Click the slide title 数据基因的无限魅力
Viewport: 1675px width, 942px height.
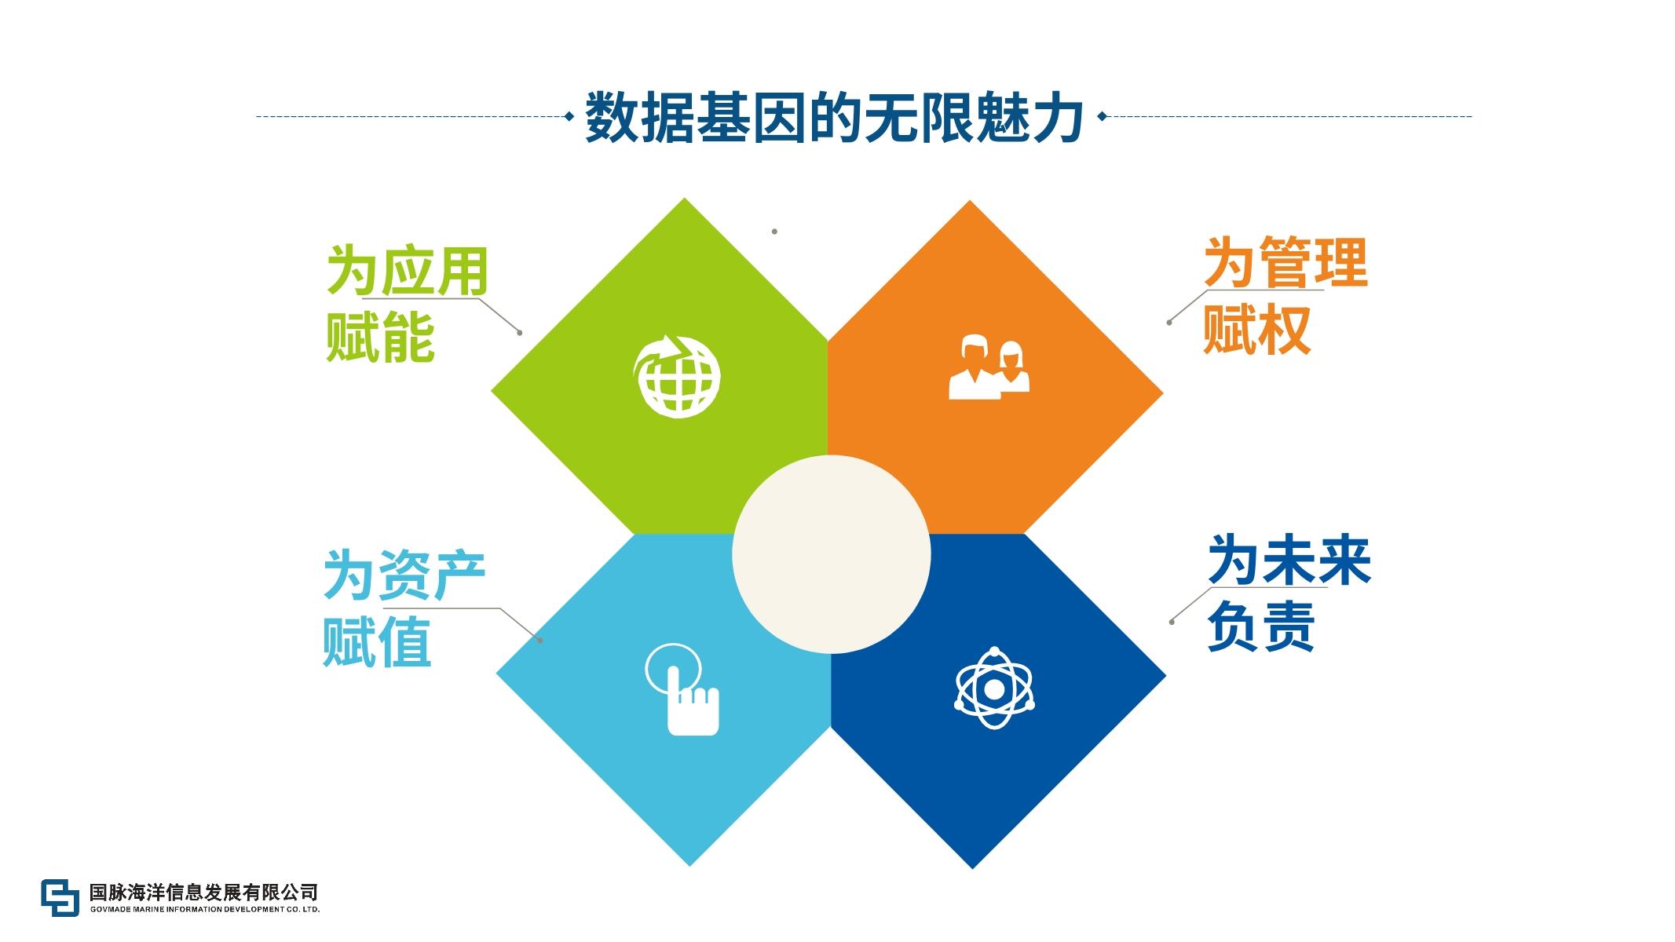click(835, 118)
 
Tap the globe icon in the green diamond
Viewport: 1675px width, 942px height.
click(677, 375)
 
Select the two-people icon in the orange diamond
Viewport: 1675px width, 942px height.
click(989, 367)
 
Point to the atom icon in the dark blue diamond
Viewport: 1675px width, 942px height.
click(994, 688)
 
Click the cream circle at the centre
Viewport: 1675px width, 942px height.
click(832, 554)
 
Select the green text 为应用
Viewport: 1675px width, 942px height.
click(408, 271)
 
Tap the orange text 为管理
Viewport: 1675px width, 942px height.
click(1286, 263)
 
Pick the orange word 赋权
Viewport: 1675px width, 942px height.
click(1257, 330)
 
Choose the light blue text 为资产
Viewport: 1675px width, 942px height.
click(404, 575)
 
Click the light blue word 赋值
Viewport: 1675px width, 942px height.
click(377, 642)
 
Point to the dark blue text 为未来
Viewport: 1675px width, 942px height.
click(1289, 560)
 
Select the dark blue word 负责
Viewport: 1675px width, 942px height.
click(1261, 626)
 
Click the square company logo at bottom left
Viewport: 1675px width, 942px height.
click(60, 897)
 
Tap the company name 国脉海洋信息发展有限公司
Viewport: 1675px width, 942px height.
click(204, 892)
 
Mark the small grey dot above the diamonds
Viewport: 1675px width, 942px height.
click(774, 232)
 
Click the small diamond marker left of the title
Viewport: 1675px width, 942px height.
click(569, 117)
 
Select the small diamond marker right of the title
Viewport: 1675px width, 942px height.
click(1102, 117)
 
